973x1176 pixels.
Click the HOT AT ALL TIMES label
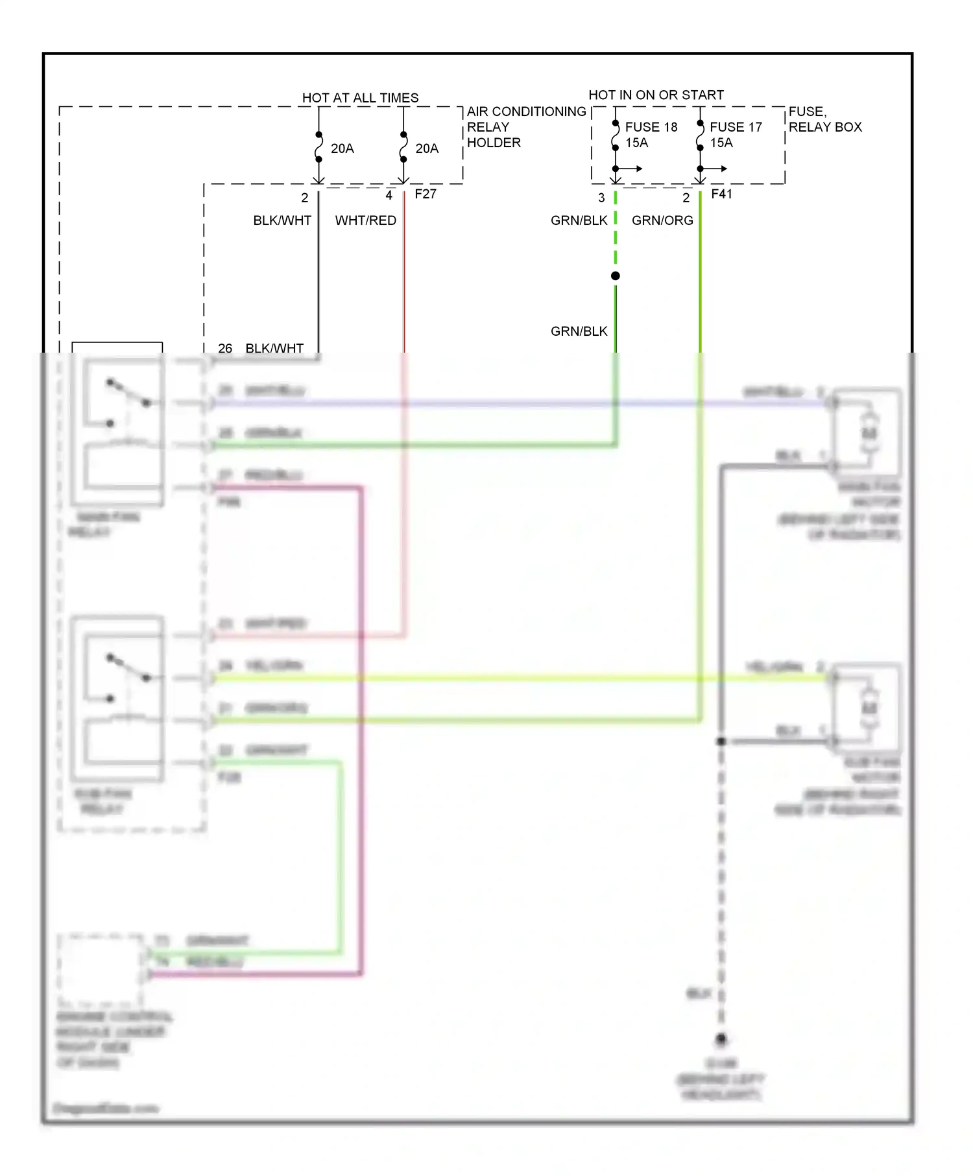click(x=360, y=98)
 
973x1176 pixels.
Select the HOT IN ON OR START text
click(x=656, y=95)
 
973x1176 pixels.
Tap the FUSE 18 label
click(x=651, y=127)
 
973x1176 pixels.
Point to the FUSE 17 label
click(x=736, y=127)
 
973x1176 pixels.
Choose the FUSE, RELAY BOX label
click(x=824, y=119)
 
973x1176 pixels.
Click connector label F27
click(x=426, y=194)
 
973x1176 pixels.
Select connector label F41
click(x=721, y=194)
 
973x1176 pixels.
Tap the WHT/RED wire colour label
click(x=365, y=220)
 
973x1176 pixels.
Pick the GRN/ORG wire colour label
click(x=662, y=220)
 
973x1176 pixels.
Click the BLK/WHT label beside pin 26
click(x=274, y=348)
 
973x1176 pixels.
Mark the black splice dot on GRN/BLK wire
click(x=616, y=276)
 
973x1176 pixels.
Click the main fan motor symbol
click(x=869, y=433)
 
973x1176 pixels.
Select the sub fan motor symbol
click(x=869, y=708)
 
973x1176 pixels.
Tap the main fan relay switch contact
click(x=128, y=393)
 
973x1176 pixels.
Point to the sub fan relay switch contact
click(x=128, y=668)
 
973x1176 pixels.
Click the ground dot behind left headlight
click(x=721, y=1039)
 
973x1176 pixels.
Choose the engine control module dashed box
click(x=101, y=969)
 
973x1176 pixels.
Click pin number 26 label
click(x=225, y=348)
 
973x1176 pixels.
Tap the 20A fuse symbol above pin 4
click(x=403, y=148)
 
